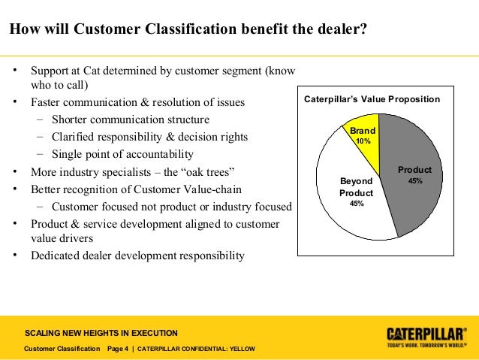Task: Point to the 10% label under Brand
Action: coord(363,141)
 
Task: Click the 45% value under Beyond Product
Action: coord(357,204)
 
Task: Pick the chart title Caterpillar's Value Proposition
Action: coord(371,99)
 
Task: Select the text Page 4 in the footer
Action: coord(118,349)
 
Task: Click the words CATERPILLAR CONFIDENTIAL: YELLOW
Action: coord(197,349)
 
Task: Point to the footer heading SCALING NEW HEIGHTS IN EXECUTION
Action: coord(101,333)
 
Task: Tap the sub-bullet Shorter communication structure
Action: coord(131,119)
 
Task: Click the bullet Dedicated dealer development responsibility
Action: coord(137,255)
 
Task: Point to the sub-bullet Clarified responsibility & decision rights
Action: coord(149,137)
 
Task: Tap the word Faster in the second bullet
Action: coord(47,102)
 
